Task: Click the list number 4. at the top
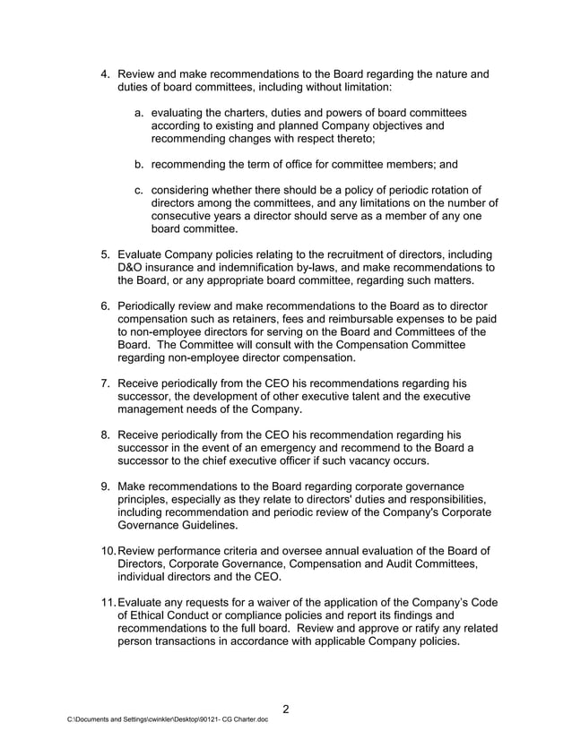click(104, 73)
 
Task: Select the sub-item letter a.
click(140, 112)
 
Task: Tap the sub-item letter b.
click(140, 165)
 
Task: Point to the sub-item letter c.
click(140, 190)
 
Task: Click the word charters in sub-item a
click(247, 112)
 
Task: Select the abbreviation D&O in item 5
click(131, 267)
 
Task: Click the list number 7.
click(104, 383)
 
